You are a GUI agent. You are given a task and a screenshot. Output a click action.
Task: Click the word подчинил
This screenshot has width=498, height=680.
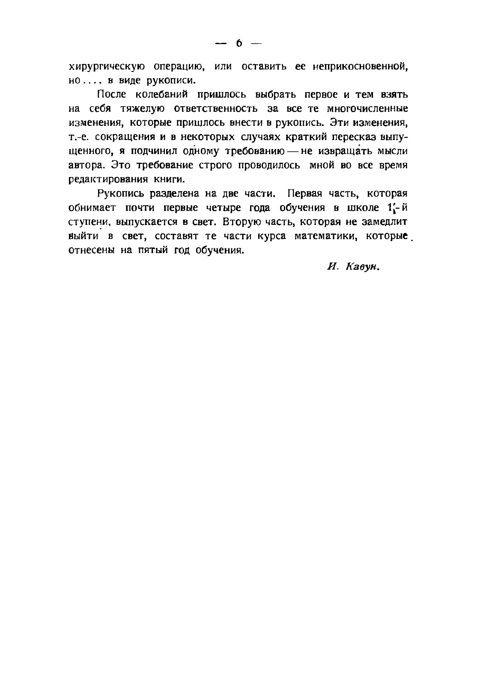(x=155, y=151)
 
